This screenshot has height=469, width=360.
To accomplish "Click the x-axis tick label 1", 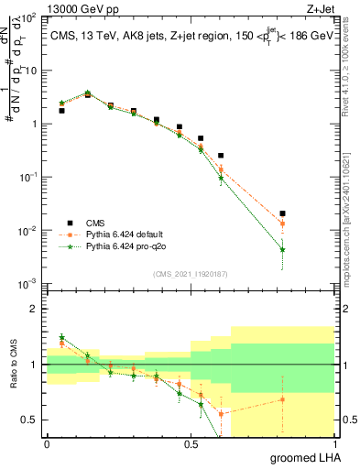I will point(333,443).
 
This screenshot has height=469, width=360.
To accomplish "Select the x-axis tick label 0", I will point(47,443).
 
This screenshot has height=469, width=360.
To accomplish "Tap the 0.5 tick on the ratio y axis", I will point(28,420).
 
